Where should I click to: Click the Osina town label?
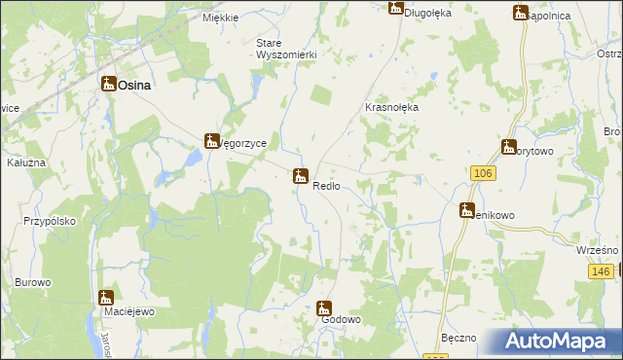coord(134,86)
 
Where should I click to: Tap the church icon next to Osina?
coord(108,85)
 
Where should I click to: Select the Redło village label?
coord(326,186)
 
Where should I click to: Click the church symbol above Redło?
coord(301,176)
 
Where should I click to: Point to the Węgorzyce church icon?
coord(211,142)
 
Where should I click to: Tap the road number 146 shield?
coord(601,271)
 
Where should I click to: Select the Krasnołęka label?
coord(391,108)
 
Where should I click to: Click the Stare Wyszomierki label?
coord(286,49)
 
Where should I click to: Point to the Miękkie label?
coord(221,18)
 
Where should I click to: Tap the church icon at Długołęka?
coord(395,8)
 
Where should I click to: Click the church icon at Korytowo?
coord(508,148)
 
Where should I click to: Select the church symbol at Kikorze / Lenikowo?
coord(468,210)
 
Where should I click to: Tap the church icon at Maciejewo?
coord(106,298)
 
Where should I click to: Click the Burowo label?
coord(32,282)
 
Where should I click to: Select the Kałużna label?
coord(26,162)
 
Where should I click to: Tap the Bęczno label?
coord(458,338)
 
